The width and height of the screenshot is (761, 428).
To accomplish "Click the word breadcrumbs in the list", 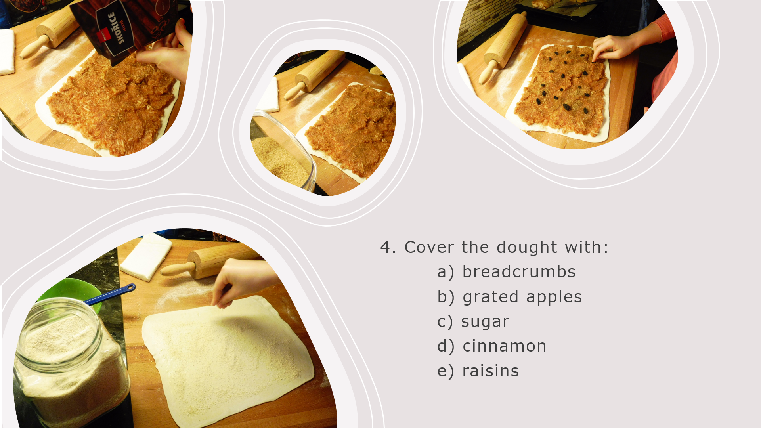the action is [x=519, y=272].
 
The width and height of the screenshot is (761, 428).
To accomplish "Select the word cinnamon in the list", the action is [x=505, y=346].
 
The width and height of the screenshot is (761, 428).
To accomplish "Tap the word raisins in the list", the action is [x=491, y=371].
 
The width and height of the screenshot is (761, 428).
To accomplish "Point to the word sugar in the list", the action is [x=485, y=322].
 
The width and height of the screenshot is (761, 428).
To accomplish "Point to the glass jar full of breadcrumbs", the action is [x=71, y=363].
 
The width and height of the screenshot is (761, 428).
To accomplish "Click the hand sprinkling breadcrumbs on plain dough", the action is [x=242, y=281].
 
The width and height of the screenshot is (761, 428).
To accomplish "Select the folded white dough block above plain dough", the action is [x=146, y=256].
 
